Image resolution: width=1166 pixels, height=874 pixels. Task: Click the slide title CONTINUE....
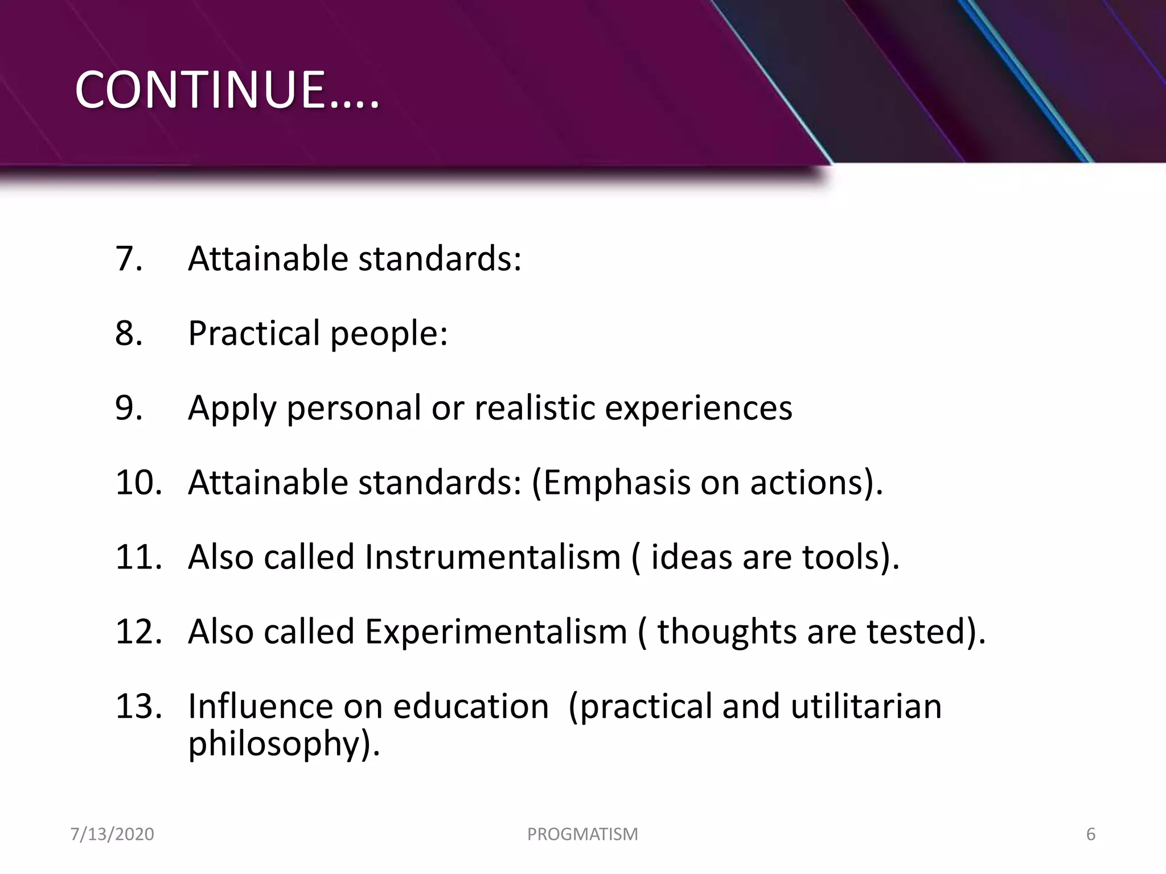227,90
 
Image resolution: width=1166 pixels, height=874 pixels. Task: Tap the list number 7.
129,258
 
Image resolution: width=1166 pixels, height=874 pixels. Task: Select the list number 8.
129,333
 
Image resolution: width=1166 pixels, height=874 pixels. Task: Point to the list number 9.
129,407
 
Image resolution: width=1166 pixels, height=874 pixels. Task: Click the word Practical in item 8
254,333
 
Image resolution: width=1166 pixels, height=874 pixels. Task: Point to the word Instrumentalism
492,556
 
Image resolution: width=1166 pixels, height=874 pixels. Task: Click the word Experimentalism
496,632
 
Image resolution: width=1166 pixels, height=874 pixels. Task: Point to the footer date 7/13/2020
112,834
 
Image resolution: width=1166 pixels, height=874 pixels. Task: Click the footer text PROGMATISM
582,834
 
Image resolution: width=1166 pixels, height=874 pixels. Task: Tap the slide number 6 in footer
1091,834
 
